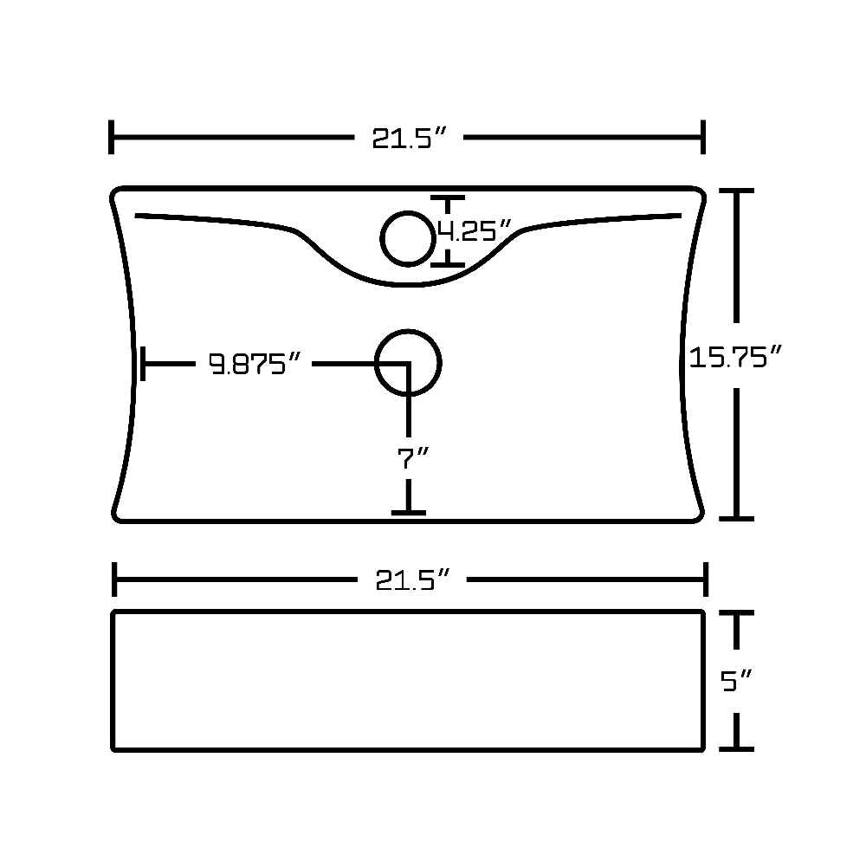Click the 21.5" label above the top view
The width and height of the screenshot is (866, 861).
(x=409, y=138)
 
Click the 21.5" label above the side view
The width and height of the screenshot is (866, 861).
(x=412, y=579)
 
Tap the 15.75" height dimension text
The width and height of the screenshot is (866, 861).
(x=735, y=356)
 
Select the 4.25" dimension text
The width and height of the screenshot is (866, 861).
(x=475, y=230)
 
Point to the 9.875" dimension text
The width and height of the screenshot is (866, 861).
(x=255, y=364)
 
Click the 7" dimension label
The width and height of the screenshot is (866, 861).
(x=412, y=458)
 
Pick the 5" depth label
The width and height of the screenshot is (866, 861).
(x=736, y=681)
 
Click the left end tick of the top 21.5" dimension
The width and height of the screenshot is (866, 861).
(x=112, y=137)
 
